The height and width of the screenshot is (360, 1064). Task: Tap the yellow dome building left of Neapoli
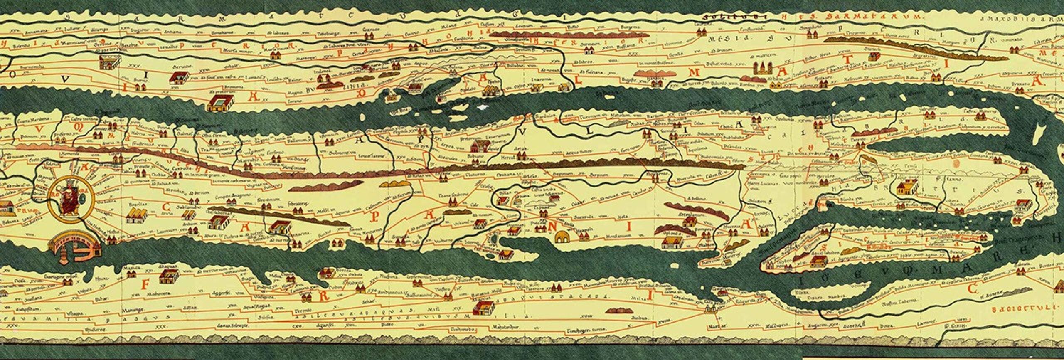(563, 237)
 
